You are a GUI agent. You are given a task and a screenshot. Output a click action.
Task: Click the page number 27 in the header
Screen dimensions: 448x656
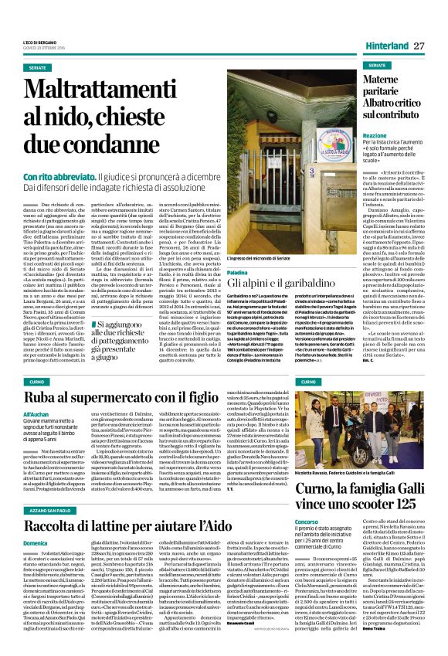click(x=419, y=46)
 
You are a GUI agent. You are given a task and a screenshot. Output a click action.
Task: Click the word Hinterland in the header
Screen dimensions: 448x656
click(x=386, y=46)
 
